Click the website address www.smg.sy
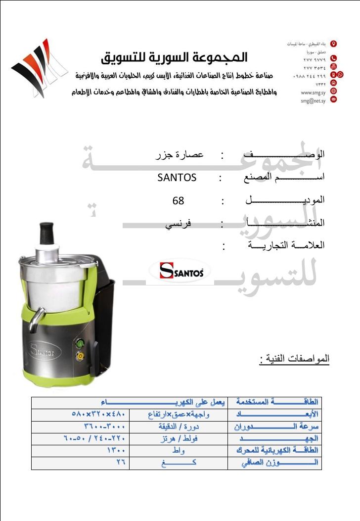coord(313,92)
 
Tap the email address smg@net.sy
coord(313,100)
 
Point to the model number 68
coord(178,201)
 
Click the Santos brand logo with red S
coord(179,271)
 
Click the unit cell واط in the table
coord(179,451)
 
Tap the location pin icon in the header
coord(333,44)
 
